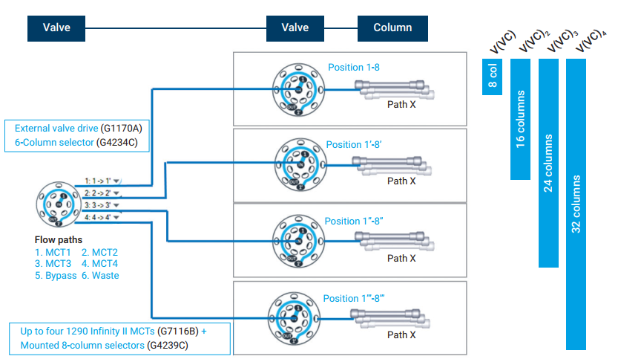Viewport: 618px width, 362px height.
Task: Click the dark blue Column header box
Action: click(x=392, y=28)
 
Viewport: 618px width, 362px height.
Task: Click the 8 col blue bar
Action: click(x=493, y=77)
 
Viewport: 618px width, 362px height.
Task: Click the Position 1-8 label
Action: click(x=354, y=68)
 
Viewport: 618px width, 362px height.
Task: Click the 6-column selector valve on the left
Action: click(x=56, y=203)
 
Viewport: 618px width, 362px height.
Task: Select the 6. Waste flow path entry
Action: click(x=100, y=276)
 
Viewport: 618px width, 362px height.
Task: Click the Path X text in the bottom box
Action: click(x=401, y=335)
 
